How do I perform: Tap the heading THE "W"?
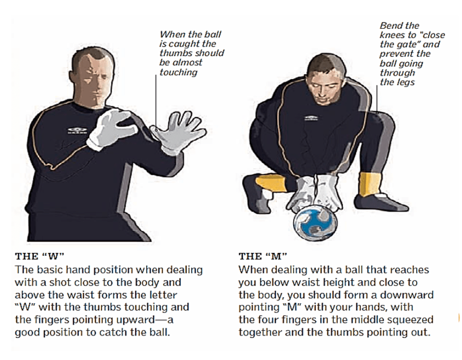40,256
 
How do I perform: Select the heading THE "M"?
263,256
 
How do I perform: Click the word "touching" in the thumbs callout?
178,72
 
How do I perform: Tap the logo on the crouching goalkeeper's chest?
311,117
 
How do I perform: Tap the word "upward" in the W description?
134,319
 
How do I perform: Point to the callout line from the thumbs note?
156,102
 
